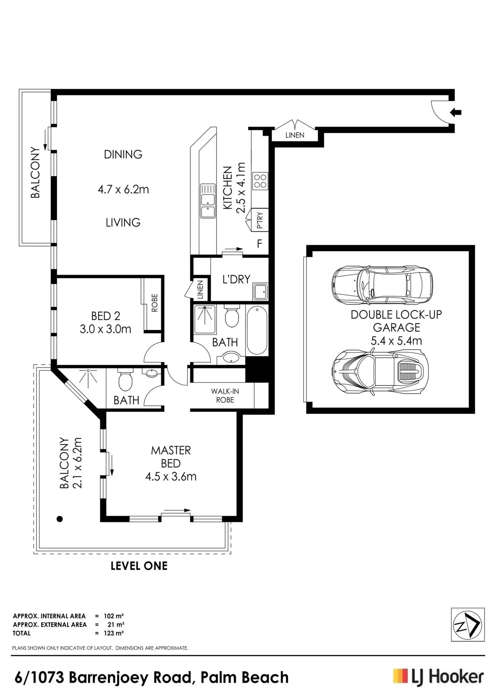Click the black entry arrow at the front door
[x=456, y=112]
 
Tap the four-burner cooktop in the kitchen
[x=260, y=181]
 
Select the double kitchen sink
[x=208, y=201]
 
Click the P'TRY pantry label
[x=260, y=220]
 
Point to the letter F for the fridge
[x=260, y=244]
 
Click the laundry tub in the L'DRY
[x=260, y=292]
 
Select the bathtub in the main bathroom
[x=257, y=330]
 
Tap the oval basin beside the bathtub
[x=231, y=357]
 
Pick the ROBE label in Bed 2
[x=155, y=303]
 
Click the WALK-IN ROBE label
[x=225, y=395]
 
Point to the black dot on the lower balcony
[x=60, y=519]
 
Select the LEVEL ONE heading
[x=139, y=566]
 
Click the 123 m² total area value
[x=114, y=633]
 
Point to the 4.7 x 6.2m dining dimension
[x=123, y=189]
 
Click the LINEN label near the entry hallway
[x=295, y=135]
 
